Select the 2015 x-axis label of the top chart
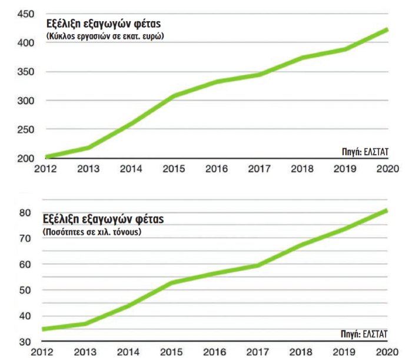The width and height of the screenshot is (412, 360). (x=173, y=169)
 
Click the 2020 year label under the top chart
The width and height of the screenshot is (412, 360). (x=387, y=169)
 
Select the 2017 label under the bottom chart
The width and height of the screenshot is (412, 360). (x=259, y=353)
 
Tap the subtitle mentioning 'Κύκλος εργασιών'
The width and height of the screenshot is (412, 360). (x=105, y=36)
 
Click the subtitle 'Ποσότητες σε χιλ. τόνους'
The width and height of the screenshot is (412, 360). (x=94, y=232)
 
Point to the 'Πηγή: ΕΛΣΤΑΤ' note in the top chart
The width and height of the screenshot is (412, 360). (x=366, y=151)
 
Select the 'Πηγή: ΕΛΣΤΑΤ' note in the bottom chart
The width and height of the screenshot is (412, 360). (x=366, y=334)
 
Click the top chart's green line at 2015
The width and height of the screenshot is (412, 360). (x=173, y=96)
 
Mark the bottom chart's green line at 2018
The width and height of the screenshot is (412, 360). (x=302, y=244)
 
